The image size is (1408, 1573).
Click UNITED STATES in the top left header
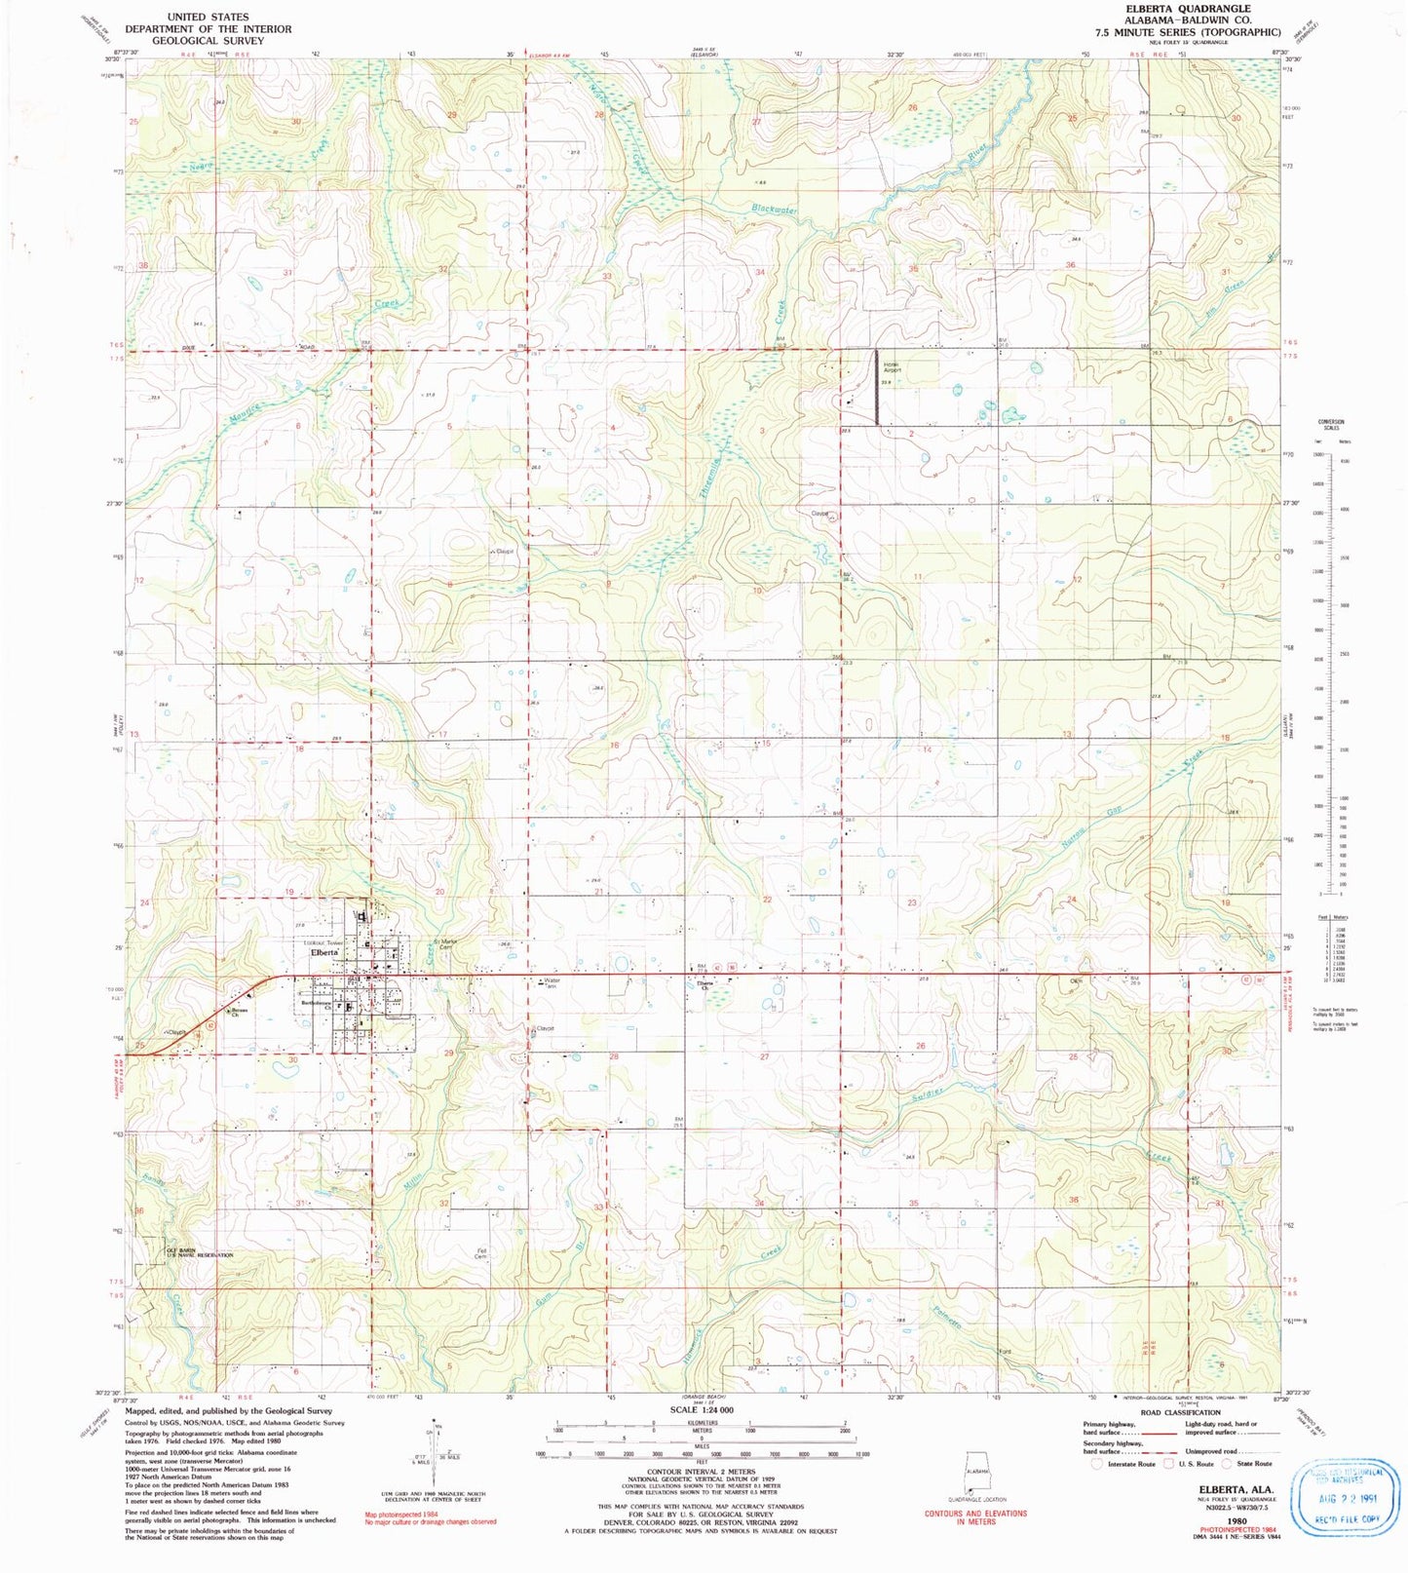tap(208, 17)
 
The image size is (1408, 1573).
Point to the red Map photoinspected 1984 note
tap(401, 1515)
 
